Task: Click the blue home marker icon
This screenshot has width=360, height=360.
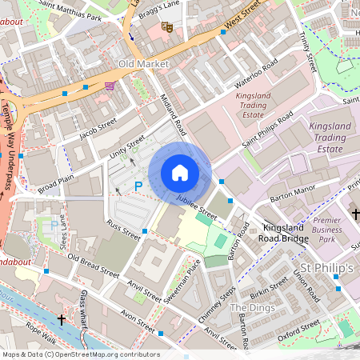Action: pyautogui.click(x=180, y=172)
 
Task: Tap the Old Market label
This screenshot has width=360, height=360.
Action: pyautogui.click(x=139, y=63)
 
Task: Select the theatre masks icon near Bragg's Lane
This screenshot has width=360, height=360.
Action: pyautogui.click(x=167, y=26)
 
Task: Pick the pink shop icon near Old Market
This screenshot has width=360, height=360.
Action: pyautogui.click(x=109, y=86)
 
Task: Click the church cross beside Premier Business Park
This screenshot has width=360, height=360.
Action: pyautogui.click(x=356, y=214)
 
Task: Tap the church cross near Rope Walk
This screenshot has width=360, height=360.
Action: pyautogui.click(x=62, y=318)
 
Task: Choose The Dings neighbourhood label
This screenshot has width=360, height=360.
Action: pyautogui.click(x=252, y=308)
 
